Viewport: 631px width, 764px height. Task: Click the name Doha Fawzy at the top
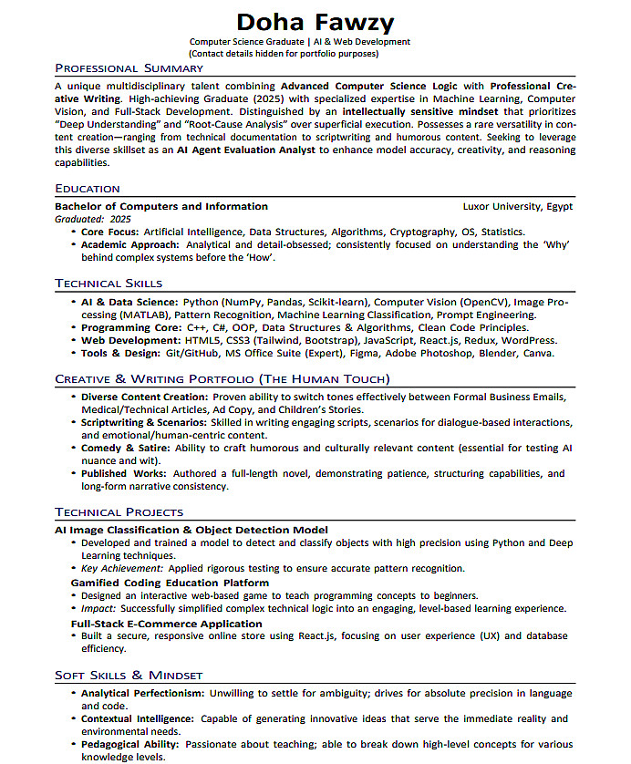point(315,21)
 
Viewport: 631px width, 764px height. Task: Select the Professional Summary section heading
point(129,68)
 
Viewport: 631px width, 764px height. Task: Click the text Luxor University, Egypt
point(518,206)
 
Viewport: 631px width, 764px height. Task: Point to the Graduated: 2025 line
point(93,220)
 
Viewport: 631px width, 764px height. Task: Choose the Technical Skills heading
point(109,284)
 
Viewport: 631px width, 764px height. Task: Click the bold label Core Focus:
point(110,232)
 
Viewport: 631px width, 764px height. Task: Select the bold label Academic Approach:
point(129,244)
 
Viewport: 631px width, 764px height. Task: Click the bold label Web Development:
point(131,340)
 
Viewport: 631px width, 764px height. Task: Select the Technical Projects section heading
point(119,512)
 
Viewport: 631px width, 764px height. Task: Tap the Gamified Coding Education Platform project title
point(171,583)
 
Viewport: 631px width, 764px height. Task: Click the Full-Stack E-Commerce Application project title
point(167,624)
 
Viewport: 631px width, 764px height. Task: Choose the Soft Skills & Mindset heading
point(129,676)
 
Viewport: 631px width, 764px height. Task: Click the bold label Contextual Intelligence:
point(138,718)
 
